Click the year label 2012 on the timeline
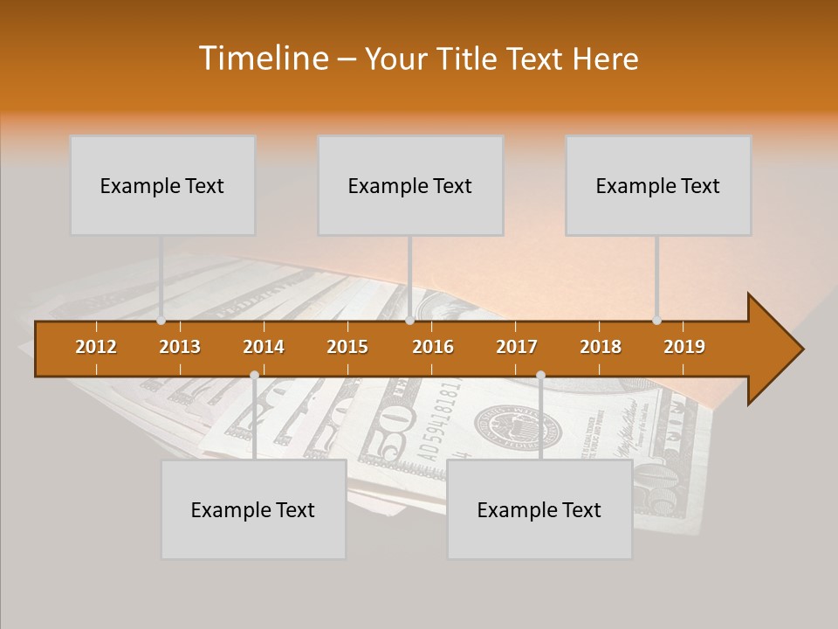click(x=96, y=347)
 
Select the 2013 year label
click(x=180, y=347)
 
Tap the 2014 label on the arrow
click(x=264, y=347)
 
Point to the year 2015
click(x=347, y=347)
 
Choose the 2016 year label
click(x=433, y=347)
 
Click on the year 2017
click(x=517, y=347)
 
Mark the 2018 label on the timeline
click(x=601, y=347)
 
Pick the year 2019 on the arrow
click(x=684, y=347)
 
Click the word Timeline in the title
click(x=263, y=59)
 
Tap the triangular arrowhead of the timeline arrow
click(x=773, y=349)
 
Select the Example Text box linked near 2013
click(x=162, y=185)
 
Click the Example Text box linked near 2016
click(x=410, y=185)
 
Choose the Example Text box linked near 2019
click(x=658, y=185)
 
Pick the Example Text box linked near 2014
click(x=253, y=509)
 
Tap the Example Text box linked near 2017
click(x=539, y=509)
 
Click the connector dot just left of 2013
click(x=161, y=321)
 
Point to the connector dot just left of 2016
click(x=409, y=321)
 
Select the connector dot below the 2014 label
click(x=254, y=375)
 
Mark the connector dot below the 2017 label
click(x=540, y=375)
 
